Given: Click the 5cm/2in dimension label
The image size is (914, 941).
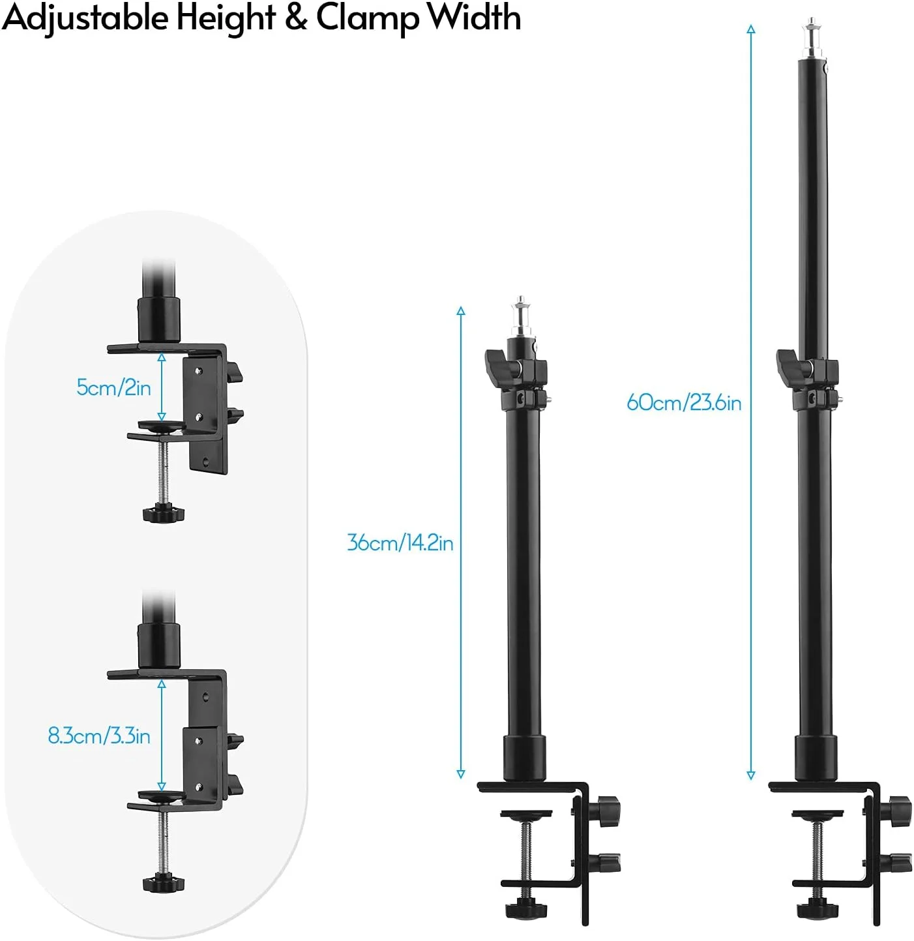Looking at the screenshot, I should [x=113, y=387].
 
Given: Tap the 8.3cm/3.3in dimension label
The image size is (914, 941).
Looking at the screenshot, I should [x=99, y=736].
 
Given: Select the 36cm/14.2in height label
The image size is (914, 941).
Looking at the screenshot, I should [x=400, y=543].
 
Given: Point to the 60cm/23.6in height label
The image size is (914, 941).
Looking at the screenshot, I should [x=684, y=402].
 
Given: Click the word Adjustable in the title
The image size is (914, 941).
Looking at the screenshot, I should [x=85, y=18].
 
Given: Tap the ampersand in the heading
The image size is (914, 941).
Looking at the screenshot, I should [x=296, y=18].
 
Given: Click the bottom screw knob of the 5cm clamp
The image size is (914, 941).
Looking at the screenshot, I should [x=163, y=513].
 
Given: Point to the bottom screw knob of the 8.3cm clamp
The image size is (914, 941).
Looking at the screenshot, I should [x=163, y=882].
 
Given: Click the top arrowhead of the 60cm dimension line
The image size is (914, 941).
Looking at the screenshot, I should [x=751, y=29].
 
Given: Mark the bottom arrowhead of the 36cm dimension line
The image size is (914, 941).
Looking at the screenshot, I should [x=461, y=774].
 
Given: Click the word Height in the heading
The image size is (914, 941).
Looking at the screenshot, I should [x=226, y=18].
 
